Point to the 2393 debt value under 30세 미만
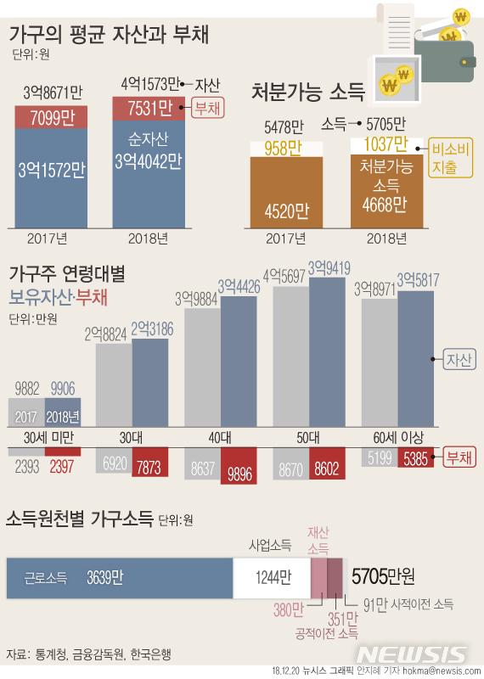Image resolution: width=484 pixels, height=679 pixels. coord(27,466)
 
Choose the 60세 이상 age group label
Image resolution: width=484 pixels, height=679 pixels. coord(397,438)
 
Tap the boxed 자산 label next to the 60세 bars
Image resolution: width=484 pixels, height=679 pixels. coord(459,359)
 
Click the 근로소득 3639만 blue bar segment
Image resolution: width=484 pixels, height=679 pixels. coord(119,578)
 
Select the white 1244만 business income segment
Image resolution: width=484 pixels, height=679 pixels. coord(272,578)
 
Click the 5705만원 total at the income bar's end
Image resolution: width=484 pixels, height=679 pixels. coord(383,577)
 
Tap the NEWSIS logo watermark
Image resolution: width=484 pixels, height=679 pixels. coord(412,654)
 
